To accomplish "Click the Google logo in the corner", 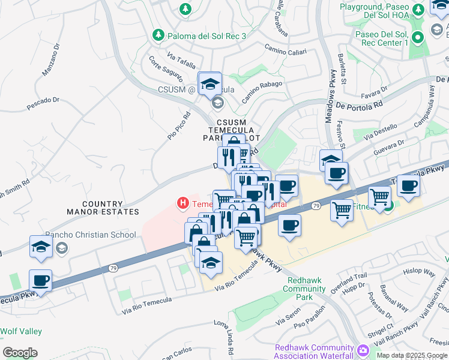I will point(20,353).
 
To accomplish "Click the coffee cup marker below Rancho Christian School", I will point(40,280).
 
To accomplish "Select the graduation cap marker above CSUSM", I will point(210,83).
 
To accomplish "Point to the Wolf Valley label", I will point(21,331).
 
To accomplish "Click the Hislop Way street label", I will point(419,272).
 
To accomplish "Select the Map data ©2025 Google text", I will point(412,355).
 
